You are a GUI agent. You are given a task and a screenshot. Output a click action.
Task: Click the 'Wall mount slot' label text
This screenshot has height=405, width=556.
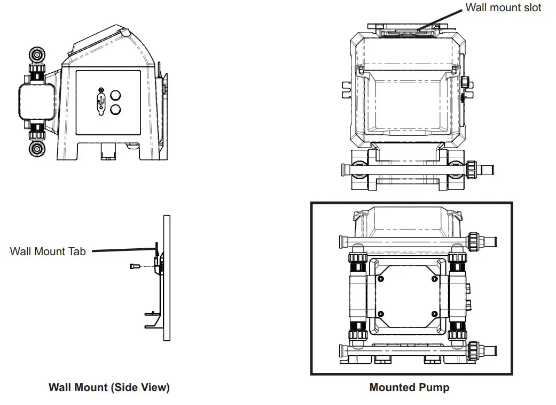coord(503,7)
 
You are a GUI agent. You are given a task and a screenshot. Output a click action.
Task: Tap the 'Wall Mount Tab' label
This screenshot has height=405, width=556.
coord(48,251)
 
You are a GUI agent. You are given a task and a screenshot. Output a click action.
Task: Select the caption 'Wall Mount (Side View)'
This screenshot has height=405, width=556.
coord(109,388)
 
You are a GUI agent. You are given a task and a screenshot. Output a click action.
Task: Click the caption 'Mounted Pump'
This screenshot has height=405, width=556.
coord(409,388)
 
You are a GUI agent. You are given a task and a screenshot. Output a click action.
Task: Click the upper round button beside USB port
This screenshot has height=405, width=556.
coord(115,97)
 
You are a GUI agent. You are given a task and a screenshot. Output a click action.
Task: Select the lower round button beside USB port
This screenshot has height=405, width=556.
coord(115,111)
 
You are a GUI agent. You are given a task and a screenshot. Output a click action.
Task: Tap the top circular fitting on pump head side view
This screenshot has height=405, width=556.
coord(37,55)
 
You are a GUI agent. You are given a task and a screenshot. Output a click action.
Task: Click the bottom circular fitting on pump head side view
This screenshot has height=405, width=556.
coord(37,148)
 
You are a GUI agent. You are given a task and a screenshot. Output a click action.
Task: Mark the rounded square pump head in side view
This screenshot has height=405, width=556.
coord(37,102)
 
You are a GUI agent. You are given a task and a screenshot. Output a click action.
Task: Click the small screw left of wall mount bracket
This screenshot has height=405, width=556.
coord(134,266)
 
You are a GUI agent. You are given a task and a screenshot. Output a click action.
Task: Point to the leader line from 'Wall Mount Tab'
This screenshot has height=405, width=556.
coord(123,250)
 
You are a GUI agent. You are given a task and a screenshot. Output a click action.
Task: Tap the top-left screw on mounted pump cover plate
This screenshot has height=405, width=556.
coord(380,279)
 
